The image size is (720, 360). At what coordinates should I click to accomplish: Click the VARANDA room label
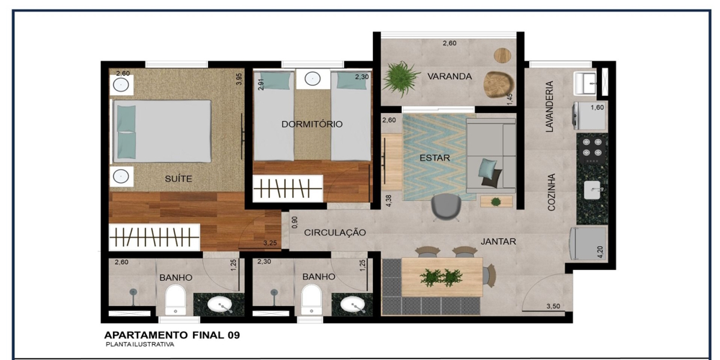click(x=449, y=77)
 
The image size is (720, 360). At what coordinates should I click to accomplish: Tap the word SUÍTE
click(x=178, y=179)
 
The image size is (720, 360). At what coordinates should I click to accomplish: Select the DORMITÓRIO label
click(x=312, y=124)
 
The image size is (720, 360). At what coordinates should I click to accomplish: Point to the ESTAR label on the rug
click(x=434, y=158)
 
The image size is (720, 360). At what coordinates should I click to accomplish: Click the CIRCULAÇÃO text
click(x=336, y=233)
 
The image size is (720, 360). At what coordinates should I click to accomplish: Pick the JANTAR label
click(x=498, y=241)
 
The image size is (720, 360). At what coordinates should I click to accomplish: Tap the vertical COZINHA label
click(x=552, y=192)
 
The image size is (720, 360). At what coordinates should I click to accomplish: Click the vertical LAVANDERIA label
click(x=549, y=107)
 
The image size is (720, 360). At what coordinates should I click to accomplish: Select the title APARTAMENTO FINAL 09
click(x=172, y=336)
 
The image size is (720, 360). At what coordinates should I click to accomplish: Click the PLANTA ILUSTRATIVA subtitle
click(x=140, y=344)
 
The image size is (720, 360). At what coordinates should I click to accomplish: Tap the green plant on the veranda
click(x=401, y=78)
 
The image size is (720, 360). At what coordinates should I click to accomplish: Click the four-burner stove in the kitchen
click(x=593, y=148)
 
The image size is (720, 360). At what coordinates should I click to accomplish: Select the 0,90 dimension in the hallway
click(x=294, y=222)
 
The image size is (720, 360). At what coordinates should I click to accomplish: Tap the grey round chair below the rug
click(x=446, y=207)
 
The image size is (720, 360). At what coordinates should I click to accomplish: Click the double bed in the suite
click(x=162, y=131)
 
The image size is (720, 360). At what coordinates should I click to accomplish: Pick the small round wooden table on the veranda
click(x=503, y=55)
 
